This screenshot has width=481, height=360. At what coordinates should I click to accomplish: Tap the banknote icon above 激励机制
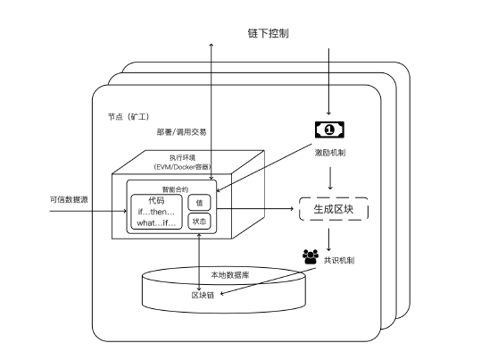click(x=329, y=130)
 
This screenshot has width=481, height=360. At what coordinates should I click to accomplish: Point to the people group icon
click(x=311, y=256)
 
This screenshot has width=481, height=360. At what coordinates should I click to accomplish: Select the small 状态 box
click(x=200, y=221)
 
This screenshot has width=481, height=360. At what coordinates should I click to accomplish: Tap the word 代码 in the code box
click(x=157, y=200)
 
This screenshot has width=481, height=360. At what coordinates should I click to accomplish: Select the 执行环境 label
click(x=180, y=157)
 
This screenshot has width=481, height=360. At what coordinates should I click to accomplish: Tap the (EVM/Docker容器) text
click(x=180, y=167)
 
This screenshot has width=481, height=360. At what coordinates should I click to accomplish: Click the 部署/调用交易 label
click(x=181, y=132)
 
